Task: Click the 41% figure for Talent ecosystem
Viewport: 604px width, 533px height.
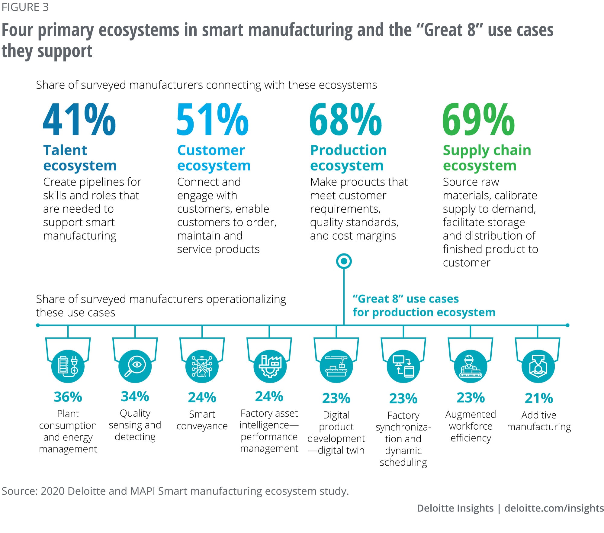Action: pos(79,120)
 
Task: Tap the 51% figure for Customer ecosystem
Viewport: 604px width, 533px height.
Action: pos(213,120)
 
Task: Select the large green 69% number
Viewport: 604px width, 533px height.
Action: pos(478,120)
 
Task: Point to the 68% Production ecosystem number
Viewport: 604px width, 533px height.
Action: pos(346,120)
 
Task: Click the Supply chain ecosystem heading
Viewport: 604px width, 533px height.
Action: pos(487,158)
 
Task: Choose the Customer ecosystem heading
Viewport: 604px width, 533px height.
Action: pos(214,158)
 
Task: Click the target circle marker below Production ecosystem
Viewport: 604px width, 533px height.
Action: pos(344,261)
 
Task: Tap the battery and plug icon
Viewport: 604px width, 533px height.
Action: pos(68,366)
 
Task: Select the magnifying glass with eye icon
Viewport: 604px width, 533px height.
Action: pos(135,366)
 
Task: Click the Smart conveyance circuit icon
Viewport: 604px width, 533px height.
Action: pos(202,366)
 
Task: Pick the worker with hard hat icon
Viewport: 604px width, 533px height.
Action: pos(471,366)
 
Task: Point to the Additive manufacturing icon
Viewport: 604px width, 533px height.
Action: pos(538,366)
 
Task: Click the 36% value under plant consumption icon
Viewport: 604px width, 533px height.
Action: pos(68,397)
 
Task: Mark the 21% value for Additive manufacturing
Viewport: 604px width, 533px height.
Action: pos(539,398)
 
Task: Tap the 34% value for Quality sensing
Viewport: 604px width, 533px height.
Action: pos(135,396)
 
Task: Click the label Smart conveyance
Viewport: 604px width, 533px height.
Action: pos(202,420)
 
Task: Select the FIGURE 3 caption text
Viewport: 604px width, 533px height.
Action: pos(25,7)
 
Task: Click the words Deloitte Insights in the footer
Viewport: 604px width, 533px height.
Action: pos(455,508)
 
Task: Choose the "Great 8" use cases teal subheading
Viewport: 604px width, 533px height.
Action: pos(424,305)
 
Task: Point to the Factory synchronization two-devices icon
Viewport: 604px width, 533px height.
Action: pos(403,366)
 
